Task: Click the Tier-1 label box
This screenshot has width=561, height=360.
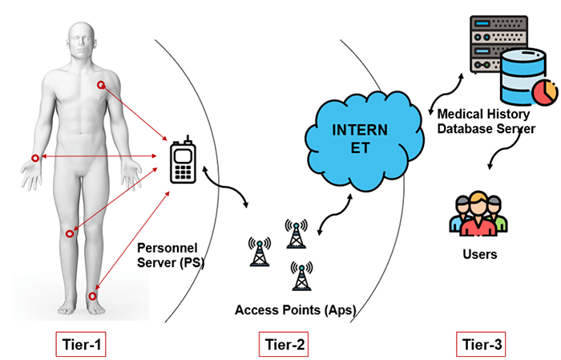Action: click(x=83, y=345)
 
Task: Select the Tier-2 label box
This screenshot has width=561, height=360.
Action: click(x=284, y=345)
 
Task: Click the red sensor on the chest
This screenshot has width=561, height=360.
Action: click(x=101, y=85)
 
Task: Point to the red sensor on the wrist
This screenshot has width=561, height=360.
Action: click(x=34, y=159)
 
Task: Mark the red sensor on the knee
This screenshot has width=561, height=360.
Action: click(x=71, y=233)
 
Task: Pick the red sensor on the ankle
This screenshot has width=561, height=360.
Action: click(x=92, y=296)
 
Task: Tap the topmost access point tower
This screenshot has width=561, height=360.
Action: click(x=296, y=234)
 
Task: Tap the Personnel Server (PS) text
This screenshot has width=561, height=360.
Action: click(x=171, y=253)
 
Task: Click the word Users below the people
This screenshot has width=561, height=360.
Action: click(x=480, y=255)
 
